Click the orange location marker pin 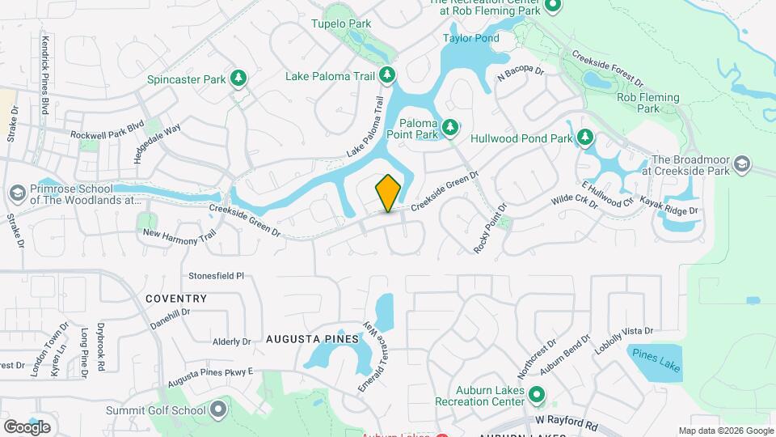pos(389,193)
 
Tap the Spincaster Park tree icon pos(238,78)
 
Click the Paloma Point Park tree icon pos(450,128)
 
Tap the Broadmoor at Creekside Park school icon pos(740,165)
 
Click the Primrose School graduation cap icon pos(16,194)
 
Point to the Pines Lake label pos(656,361)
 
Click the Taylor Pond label pos(471,38)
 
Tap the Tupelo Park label pos(342,23)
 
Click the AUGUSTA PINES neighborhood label pos(312,340)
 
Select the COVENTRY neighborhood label pos(176,299)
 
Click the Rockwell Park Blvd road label pos(107,135)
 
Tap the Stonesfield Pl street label pos(216,275)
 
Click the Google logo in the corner pos(27,426)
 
